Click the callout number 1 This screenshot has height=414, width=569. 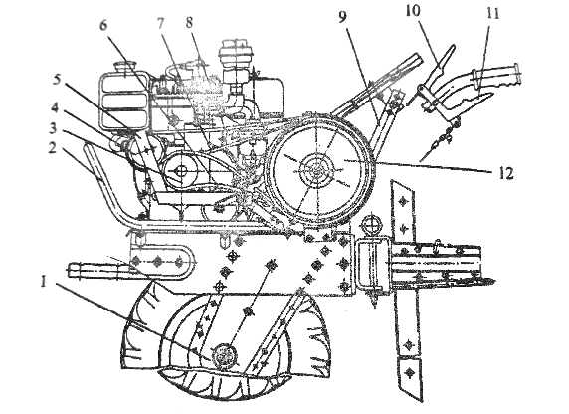coord(44,282)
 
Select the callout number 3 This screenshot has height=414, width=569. coord(54,129)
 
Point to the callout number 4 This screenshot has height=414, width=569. coord(54,108)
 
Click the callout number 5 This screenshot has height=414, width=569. coord(57,81)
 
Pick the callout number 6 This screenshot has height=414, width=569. coord(103,26)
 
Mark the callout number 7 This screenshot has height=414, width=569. coord(160,24)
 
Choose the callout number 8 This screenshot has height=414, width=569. coord(189,24)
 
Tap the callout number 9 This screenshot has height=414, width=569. coord(343,17)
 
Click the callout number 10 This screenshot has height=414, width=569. coord(413,11)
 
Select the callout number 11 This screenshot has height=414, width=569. coord(491,14)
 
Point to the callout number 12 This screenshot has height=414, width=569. coord(506,173)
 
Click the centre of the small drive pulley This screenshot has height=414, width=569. coord(181,170)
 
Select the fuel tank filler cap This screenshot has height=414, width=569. coord(124,68)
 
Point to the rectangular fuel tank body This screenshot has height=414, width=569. coord(124,103)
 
